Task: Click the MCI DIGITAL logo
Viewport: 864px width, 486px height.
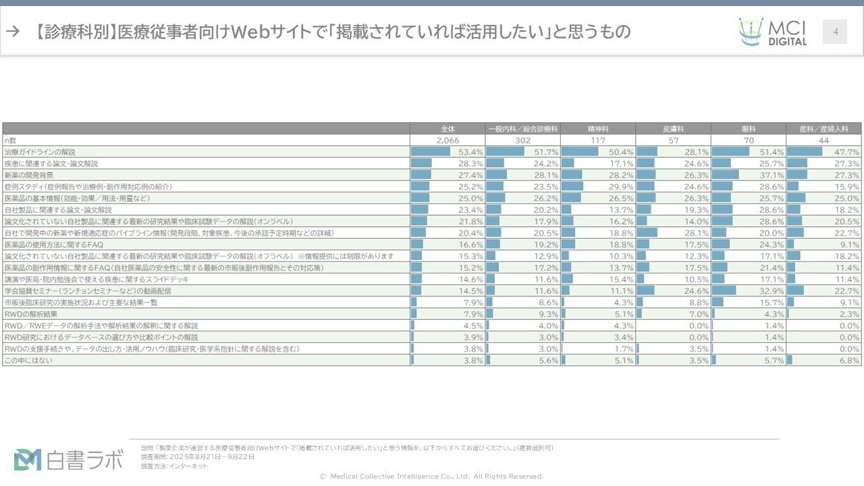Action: [x=772, y=32]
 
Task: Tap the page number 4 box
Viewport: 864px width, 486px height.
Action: [x=835, y=32]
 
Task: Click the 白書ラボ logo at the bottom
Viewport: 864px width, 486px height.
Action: [x=69, y=459]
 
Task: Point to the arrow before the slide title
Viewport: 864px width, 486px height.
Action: [x=12, y=31]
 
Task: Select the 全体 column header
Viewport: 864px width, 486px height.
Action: [x=448, y=128]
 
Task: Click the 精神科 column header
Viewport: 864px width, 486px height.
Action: [x=598, y=128]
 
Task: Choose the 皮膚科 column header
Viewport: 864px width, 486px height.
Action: [x=674, y=128]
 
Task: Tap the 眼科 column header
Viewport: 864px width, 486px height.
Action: [x=749, y=128]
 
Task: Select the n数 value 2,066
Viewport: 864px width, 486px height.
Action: [x=448, y=140]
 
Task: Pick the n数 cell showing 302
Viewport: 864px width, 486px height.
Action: [x=522, y=140]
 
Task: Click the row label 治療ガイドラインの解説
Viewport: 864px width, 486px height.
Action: [x=40, y=152]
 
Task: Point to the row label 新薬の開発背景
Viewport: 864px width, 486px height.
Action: [x=29, y=175]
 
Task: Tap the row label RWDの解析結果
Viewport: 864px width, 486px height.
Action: [x=31, y=314]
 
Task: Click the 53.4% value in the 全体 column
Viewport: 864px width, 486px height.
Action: [x=471, y=152]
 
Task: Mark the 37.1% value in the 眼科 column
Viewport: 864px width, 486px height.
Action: [x=772, y=175]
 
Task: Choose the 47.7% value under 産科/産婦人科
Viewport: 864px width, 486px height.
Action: [x=848, y=152]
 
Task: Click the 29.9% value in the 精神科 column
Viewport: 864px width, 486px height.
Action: [x=622, y=186]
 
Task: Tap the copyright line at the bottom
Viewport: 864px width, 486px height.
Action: [x=431, y=477]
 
